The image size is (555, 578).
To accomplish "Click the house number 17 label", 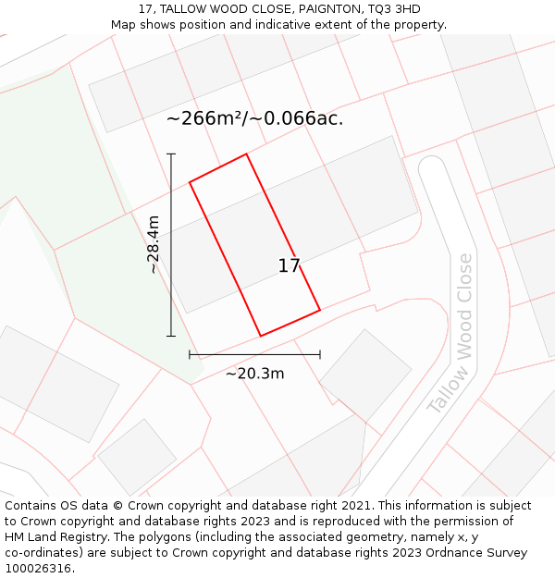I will click(289, 266).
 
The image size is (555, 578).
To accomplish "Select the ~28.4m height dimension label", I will click(154, 244).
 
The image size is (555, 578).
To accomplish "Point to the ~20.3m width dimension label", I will click(254, 374).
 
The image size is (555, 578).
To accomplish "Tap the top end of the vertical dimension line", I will click(171, 154).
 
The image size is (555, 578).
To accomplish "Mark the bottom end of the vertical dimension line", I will click(171, 336).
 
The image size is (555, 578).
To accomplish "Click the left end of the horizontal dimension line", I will click(190, 354).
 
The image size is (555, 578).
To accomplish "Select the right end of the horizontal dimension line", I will click(320, 354).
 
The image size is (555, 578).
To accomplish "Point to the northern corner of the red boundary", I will click(247, 154).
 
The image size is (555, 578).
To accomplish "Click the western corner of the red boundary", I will click(190, 182).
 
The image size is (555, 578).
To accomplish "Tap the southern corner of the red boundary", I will click(261, 336).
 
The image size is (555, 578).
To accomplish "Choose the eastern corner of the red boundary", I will click(320, 310).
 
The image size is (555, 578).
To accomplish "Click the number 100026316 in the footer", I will click(37, 568).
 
